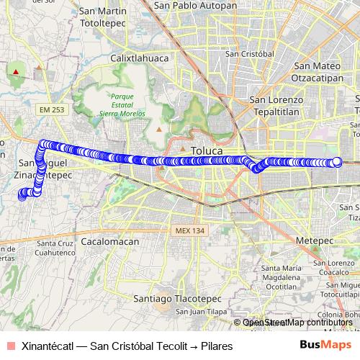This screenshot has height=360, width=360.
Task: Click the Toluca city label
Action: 207,150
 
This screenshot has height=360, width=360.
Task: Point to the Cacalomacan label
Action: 109,242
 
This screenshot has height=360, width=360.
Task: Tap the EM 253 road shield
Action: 53,109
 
